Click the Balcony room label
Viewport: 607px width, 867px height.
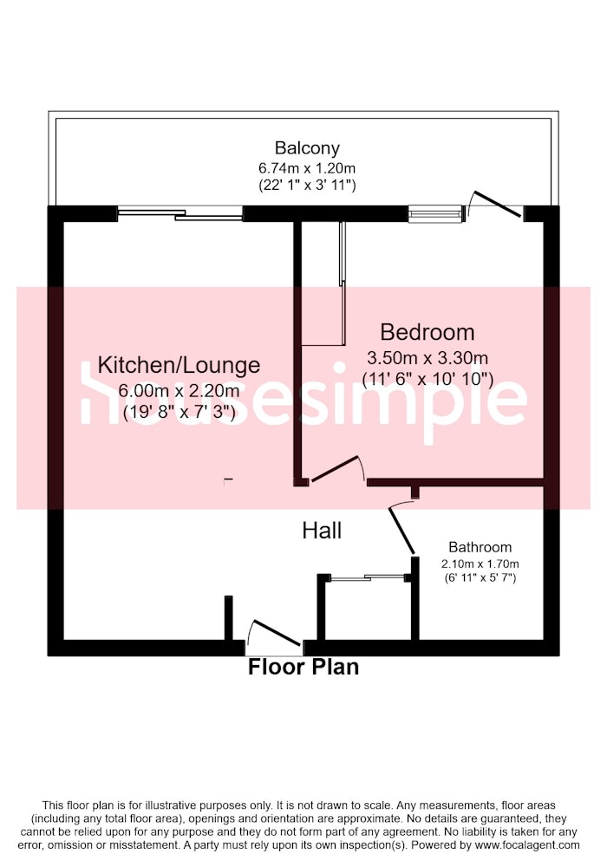pyautogui.click(x=307, y=148)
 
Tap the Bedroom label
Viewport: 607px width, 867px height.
pyautogui.click(x=428, y=332)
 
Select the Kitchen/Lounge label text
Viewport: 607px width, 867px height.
pyautogui.click(x=179, y=365)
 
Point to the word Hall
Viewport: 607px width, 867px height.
pyautogui.click(x=322, y=531)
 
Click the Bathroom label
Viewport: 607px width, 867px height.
pyautogui.click(x=480, y=547)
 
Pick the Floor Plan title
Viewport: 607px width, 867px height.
pyautogui.click(x=303, y=667)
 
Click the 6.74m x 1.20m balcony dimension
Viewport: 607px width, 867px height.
pyautogui.click(x=307, y=167)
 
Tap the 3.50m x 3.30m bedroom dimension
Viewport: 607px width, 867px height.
pyautogui.click(x=428, y=358)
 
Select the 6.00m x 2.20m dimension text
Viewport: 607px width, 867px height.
pyautogui.click(x=179, y=391)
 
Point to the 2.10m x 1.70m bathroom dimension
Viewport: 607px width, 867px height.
pyautogui.click(x=480, y=564)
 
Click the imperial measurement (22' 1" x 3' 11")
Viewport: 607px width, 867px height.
pyautogui.click(x=307, y=185)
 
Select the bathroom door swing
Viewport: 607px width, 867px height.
pyautogui.click(x=401, y=527)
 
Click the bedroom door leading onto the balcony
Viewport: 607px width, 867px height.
pyautogui.click(x=495, y=204)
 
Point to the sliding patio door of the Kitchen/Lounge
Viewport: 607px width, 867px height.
pyautogui.click(x=180, y=214)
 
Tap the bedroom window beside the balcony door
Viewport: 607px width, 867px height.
pyautogui.click(x=435, y=213)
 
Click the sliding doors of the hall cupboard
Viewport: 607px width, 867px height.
pyautogui.click(x=368, y=577)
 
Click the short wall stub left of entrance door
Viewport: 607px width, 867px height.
pyautogui.click(x=228, y=617)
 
